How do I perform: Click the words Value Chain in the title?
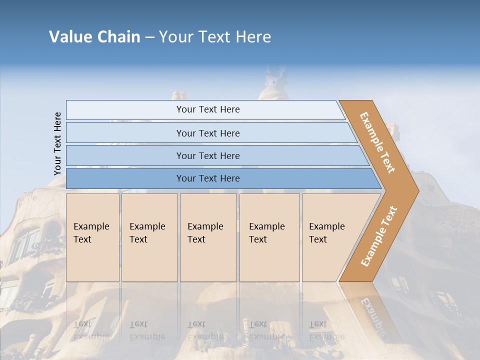pyautogui.click(x=94, y=37)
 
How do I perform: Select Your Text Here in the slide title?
pyautogui.click(x=215, y=37)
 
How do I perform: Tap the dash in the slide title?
pyautogui.click(x=149, y=37)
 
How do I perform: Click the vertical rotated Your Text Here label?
pyautogui.click(x=57, y=144)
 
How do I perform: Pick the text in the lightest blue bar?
pyautogui.click(x=208, y=109)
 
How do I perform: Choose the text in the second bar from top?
pyautogui.click(x=208, y=133)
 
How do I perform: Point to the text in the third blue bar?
pyautogui.click(x=208, y=156)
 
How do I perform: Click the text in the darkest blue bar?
pyautogui.click(x=208, y=178)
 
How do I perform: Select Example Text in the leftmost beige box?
pyautogui.click(x=91, y=233)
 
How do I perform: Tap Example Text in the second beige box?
pyautogui.click(x=147, y=233)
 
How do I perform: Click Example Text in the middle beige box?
pyautogui.click(x=205, y=233)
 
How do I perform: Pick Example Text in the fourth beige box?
pyautogui.click(x=266, y=233)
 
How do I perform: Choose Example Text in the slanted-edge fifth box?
pyautogui.click(x=326, y=233)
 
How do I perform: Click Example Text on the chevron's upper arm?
pyautogui.click(x=377, y=142)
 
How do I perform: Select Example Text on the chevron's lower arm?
pyautogui.click(x=379, y=236)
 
